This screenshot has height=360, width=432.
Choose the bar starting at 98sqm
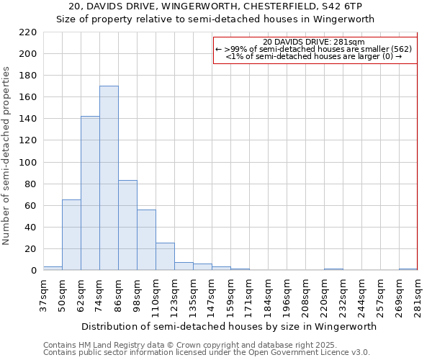coord(146,240)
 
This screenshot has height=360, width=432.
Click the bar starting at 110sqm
coord(165,256)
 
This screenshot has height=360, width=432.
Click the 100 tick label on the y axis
coord(27,163)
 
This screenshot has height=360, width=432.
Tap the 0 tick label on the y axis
coord(34,271)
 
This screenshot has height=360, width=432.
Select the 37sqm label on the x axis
coord(43,294)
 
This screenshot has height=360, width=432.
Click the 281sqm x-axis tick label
coord(418,294)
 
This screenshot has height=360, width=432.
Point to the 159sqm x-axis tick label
coord(230,294)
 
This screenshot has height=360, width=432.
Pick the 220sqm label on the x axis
coord(324,294)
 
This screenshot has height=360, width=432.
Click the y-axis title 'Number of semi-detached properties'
coord(7,156)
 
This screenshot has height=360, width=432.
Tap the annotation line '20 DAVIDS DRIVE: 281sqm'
coord(315,42)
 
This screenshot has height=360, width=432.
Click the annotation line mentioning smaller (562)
coord(315,49)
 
